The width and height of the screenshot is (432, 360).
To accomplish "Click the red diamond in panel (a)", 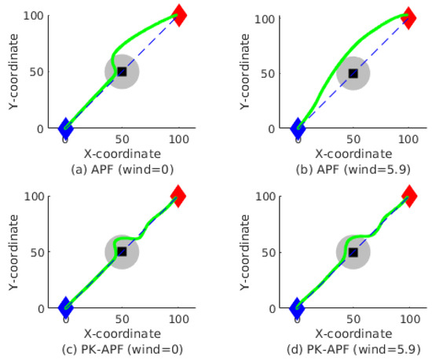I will [179, 15].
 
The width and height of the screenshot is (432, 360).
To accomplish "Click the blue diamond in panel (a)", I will [65, 128].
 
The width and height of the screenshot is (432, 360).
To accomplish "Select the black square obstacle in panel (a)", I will [122, 72].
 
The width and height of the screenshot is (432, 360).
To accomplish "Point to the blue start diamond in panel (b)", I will [297, 128].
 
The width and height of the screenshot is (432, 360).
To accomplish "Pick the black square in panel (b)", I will [353, 73].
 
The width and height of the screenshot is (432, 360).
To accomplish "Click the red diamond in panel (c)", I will [179, 196].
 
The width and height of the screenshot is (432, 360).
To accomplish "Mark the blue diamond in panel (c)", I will [65, 308].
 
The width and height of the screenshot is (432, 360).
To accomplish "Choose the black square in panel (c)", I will [122, 252].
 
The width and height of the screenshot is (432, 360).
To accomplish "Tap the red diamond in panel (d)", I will [408, 196].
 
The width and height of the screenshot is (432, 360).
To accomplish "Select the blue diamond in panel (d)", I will [297, 308].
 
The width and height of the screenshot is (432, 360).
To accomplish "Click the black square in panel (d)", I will [353, 252].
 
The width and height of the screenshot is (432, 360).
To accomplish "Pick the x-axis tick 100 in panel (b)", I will [408, 139].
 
